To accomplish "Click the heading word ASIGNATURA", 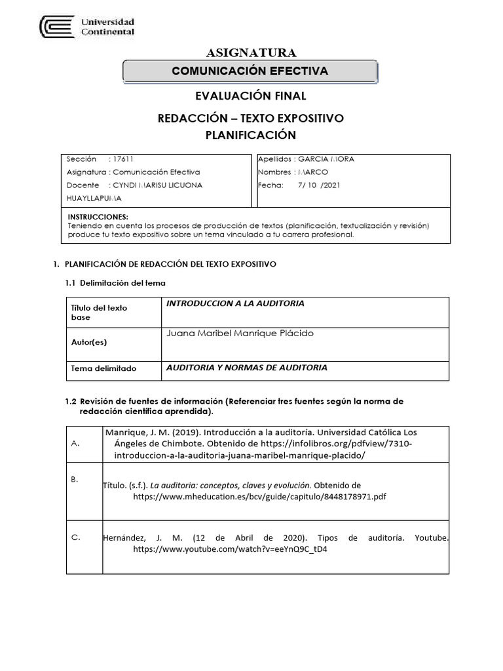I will [x=251, y=52].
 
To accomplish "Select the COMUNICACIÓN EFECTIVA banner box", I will [x=250, y=71].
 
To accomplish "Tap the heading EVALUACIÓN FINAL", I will [x=251, y=96].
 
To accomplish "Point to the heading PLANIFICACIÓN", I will [x=251, y=135].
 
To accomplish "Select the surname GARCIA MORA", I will [x=326, y=159].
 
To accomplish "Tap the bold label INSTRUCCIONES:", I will [x=98, y=217].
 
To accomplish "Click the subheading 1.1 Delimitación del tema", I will [x=115, y=282].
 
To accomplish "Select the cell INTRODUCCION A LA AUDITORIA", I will [x=235, y=303].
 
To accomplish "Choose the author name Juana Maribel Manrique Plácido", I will [x=240, y=333].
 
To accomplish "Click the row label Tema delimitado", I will [x=103, y=368].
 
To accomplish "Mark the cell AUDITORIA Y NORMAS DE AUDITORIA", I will [x=247, y=368].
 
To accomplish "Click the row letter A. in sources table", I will [x=74, y=444].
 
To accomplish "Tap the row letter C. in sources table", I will [x=75, y=537].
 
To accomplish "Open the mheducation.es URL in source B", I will [x=259, y=497].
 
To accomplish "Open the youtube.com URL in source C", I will [x=230, y=549].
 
